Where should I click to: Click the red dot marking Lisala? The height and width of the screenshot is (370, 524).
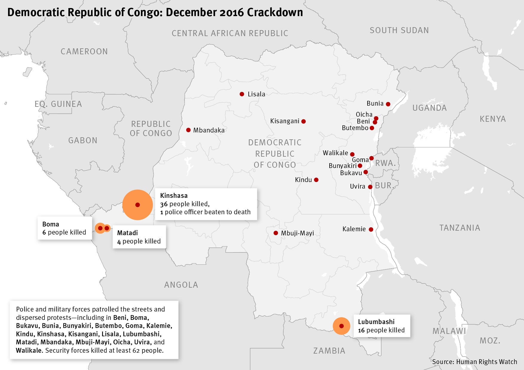point(242,94)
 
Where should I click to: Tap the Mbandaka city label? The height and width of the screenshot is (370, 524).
point(209,130)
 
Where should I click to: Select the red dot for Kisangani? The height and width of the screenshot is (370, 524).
point(303,121)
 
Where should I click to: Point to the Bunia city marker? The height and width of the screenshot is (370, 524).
point(388,104)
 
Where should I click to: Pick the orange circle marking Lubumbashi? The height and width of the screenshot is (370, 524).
point(341,326)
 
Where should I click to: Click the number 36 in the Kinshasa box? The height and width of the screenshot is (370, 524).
point(164,204)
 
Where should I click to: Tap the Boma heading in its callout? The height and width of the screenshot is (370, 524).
point(51,224)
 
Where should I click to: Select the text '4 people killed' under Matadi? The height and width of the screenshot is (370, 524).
point(139,241)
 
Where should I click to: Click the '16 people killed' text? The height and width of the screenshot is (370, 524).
point(381,330)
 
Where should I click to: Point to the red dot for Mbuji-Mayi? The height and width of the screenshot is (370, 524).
point(276,233)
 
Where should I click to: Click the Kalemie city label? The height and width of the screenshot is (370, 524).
point(354,229)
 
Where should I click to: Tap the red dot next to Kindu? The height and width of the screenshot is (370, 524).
point(316,180)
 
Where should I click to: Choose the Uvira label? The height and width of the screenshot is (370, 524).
point(357,186)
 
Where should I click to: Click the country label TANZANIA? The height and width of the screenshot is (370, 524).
point(460,228)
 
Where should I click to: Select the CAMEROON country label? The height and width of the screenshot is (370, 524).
point(84,51)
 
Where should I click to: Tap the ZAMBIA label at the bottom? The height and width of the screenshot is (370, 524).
point(329,351)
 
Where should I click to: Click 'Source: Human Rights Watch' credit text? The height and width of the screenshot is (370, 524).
point(474,362)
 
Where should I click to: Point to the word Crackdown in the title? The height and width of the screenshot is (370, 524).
point(275,13)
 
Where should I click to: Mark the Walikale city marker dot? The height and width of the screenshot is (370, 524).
point(352,154)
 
